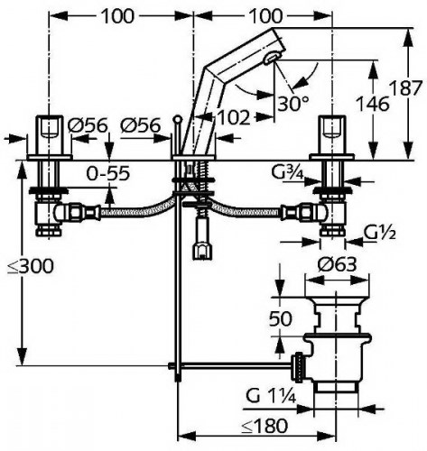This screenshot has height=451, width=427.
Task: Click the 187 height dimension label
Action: pyautogui.click(x=404, y=87)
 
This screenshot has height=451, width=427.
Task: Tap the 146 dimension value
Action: pyautogui.click(x=373, y=104)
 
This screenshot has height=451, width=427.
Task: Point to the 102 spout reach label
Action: pyautogui.click(x=233, y=117)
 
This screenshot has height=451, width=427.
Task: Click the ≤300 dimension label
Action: pyautogui.click(x=31, y=266)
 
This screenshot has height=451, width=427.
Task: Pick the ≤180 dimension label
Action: pyautogui.click(x=265, y=426)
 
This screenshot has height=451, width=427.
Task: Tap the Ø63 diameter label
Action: pyautogui.click(x=338, y=265)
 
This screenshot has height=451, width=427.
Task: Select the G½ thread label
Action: pyautogui.click(x=380, y=233)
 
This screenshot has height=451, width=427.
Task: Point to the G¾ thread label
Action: pyautogui.click(x=288, y=172)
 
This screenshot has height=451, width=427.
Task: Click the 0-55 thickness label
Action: pyautogui.click(x=108, y=173)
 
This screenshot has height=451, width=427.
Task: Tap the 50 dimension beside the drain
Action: pyautogui.click(x=280, y=318)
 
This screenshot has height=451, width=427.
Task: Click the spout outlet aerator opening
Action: pyautogui.click(x=273, y=57)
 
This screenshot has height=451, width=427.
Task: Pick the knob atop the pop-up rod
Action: pyautogui.click(x=178, y=119)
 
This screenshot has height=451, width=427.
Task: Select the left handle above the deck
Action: pyautogui.click(x=49, y=135)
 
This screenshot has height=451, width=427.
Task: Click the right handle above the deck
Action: pyautogui.click(x=332, y=135)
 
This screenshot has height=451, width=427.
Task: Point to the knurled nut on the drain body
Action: pyautogui.click(x=299, y=367)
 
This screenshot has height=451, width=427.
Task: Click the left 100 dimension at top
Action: pyautogui.click(x=117, y=16)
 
